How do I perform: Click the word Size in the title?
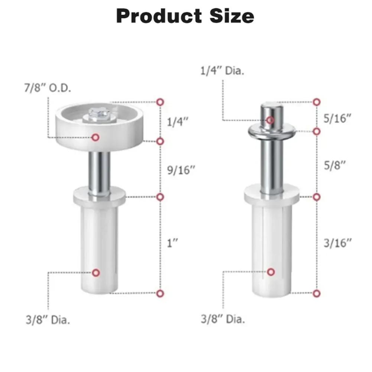pos(230,16)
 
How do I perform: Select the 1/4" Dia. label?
pos(222,71)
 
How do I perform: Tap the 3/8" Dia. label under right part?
pos(223,319)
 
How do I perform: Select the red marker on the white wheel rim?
pos(96,137)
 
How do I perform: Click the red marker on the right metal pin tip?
pos(271,120)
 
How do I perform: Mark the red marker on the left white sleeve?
pos(96,273)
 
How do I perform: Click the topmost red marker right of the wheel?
pos(160,101)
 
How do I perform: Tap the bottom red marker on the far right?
pos(317,293)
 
